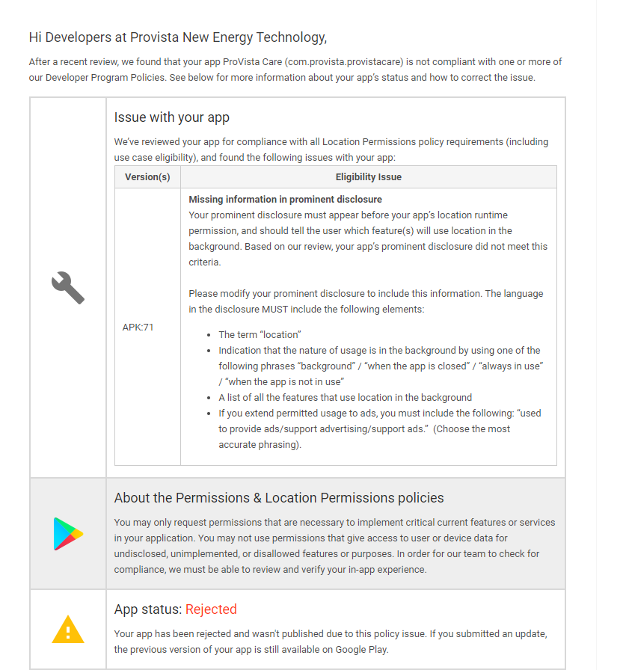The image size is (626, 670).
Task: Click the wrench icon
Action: tap(68, 288)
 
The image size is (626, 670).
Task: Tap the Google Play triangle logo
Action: tap(68, 533)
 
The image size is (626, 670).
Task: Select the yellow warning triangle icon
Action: tap(68, 630)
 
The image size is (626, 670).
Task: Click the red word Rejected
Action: tap(211, 609)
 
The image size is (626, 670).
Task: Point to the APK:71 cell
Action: tap(138, 327)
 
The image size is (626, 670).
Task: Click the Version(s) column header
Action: tap(147, 177)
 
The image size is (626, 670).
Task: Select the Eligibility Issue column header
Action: tap(368, 177)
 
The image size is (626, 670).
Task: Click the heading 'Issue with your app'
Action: tap(171, 117)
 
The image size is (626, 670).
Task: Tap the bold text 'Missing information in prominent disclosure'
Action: tap(285, 200)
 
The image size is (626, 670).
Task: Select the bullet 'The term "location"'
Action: tap(260, 334)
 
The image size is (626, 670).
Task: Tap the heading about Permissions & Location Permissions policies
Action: tap(279, 498)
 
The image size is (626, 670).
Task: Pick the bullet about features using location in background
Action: tap(345, 397)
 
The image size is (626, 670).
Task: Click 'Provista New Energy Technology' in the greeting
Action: tap(227, 37)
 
